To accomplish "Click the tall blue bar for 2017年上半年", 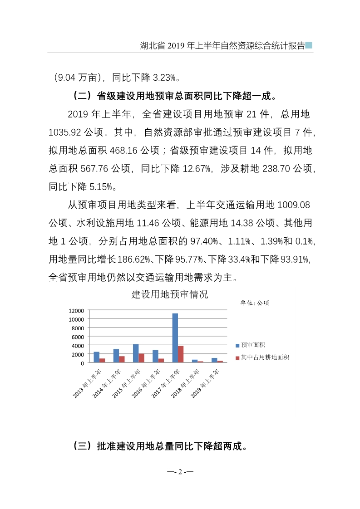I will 175,338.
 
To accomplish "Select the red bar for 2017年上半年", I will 181,354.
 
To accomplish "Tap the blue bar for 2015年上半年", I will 136,353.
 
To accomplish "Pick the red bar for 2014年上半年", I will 122,359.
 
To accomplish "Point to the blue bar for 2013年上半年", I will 96,357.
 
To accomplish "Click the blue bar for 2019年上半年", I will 214,360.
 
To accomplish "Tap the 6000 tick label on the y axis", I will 78,337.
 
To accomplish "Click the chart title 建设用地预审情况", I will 170,294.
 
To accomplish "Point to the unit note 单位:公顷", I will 255,303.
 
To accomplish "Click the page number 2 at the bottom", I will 180,472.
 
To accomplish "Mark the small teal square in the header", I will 309,45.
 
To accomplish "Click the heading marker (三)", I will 82,446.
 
